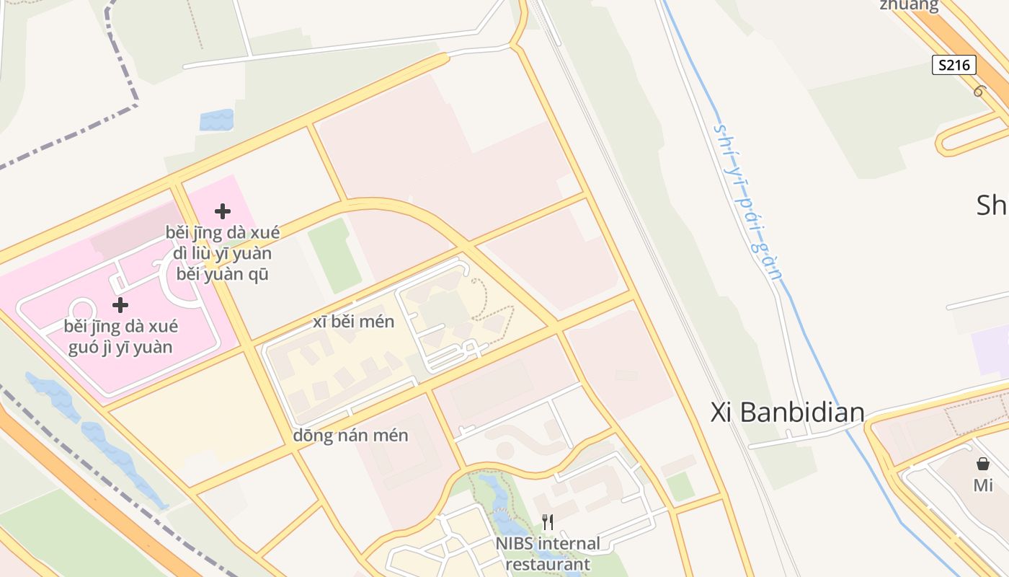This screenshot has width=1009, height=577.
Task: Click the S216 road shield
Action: coord(954,65)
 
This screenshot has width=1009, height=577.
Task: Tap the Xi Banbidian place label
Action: coord(787,412)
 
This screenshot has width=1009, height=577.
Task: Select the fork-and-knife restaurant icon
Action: coord(548,522)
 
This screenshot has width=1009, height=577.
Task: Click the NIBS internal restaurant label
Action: coord(548,553)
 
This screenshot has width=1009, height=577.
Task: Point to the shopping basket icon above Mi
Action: coord(983,464)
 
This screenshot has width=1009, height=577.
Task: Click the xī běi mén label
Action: coord(354,322)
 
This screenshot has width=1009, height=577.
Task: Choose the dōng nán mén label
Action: coord(351,436)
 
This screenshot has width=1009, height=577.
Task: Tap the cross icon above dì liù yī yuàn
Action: coord(223,211)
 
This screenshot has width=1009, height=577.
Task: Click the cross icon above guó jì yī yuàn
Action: coord(120,305)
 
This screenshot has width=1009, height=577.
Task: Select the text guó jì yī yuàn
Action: coord(120,347)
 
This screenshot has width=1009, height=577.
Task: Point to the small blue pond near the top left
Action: coord(216,120)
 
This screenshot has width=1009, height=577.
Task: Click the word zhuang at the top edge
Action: coord(909,6)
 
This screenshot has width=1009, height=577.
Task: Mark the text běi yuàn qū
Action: coord(223,274)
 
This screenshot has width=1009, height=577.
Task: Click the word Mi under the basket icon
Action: coord(983,485)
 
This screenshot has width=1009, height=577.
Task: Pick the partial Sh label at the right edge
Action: coord(992,205)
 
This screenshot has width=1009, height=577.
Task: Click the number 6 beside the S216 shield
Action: coord(979,91)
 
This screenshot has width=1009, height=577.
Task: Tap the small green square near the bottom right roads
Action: coord(680,487)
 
